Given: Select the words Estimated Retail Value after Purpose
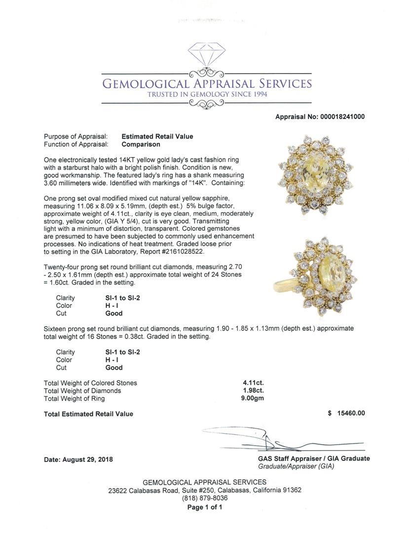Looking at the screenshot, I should [157, 137].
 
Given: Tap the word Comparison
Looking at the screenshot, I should [141, 145].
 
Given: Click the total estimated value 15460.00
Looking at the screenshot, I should [349, 414].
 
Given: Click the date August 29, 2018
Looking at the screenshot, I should [78, 459].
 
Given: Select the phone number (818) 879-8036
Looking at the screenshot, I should [205, 498].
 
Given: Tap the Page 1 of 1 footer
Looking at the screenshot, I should [205, 507].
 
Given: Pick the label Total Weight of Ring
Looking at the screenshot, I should [74, 399].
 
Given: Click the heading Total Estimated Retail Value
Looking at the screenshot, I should [88, 414].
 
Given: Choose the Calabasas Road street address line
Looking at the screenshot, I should [205, 491].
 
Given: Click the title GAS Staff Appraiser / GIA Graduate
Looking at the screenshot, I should [314, 458].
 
